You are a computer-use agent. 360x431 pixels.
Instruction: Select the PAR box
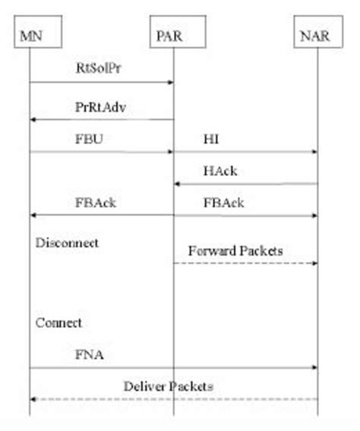pos(173,33)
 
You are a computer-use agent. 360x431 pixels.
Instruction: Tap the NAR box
pos(316,33)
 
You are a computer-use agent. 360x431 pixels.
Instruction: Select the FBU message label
pos(87,140)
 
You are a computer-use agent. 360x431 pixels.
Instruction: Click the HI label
pos(212,140)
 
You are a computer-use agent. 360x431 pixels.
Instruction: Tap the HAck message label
pos(220,171)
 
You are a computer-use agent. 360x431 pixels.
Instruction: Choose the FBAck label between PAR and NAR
pos(223,203)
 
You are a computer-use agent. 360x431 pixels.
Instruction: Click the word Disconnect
pos(68,243)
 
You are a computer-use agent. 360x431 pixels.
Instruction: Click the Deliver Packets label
pos(168,386)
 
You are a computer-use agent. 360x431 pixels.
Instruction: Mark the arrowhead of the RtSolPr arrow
pos(170,82)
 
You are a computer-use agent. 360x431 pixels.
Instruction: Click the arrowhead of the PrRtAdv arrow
pos(33,119)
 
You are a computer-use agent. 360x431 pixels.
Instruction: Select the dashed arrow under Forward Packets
pos(245,263)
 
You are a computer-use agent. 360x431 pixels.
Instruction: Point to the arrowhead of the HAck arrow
pos(178,184)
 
